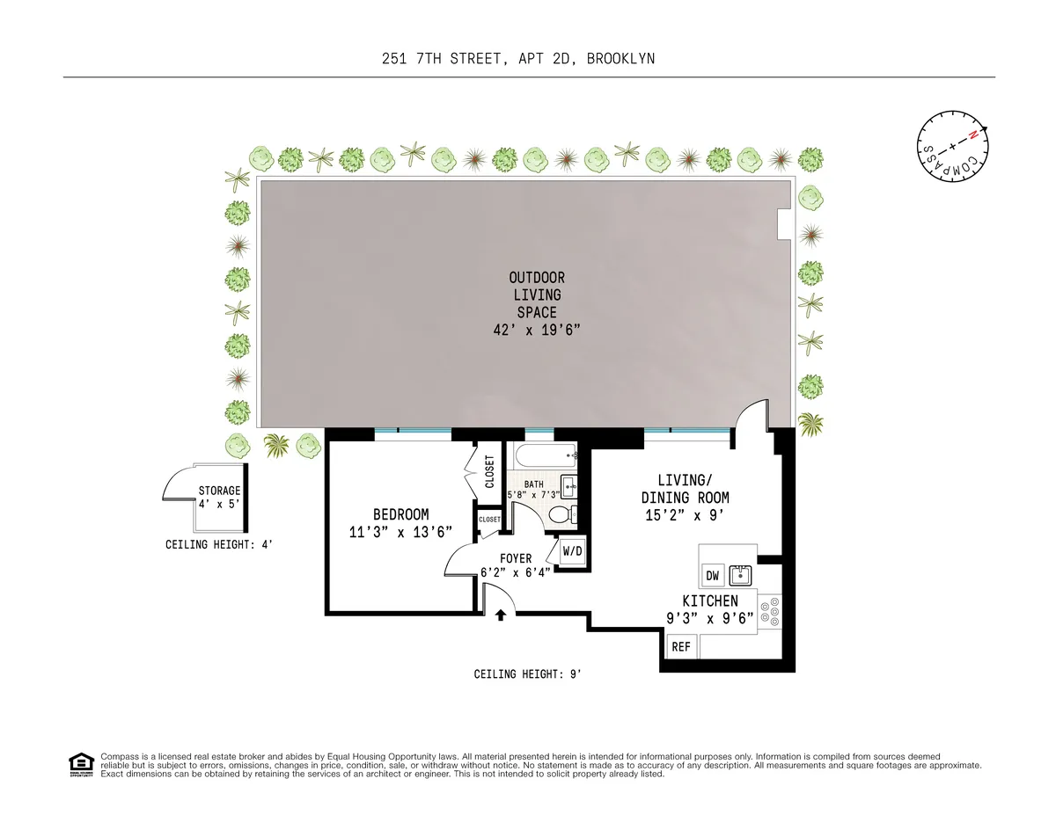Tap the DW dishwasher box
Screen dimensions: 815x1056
[713, 577]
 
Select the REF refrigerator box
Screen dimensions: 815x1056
[681, 647]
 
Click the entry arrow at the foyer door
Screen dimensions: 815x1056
[501, 616]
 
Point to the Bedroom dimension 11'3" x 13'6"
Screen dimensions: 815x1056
[400, 532]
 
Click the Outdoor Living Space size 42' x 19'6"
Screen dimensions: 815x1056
[538, 330]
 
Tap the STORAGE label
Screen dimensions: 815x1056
[219, 491]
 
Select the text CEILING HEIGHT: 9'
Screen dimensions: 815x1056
[528, 674]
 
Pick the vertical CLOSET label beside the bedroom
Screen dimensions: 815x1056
[490, 472]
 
